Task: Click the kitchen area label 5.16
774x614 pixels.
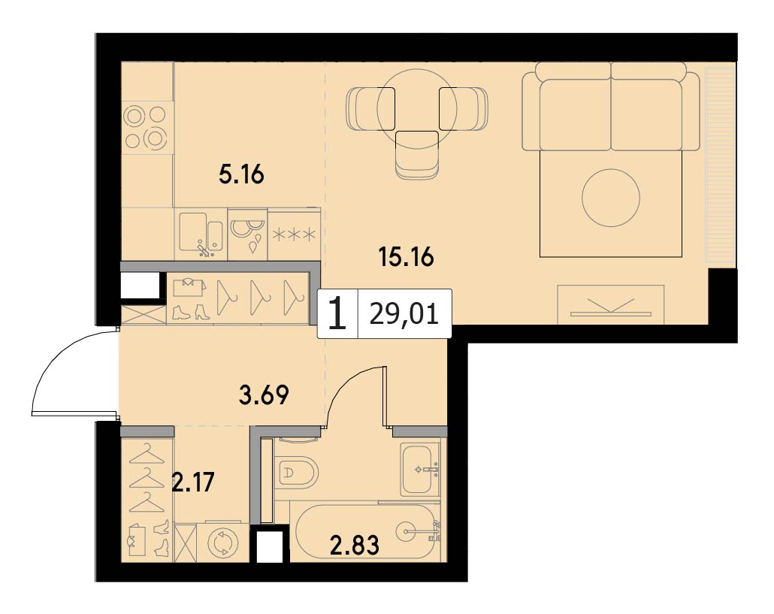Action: [x=241, y=174]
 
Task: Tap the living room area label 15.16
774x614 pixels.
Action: [x=406, y=257]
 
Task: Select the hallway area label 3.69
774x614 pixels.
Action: [x=263, y=395]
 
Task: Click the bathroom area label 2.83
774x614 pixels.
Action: [x=355, y=545]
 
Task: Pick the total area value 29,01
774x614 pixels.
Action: [x=404, y=314]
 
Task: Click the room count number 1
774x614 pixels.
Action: [x=337, y=314]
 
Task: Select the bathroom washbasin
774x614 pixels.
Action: [x=420, y=469]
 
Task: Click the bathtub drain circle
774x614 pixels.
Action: [x=413, y=531]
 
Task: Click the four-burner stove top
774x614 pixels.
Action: [x=147, y=128]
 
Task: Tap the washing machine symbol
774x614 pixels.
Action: [x=223, y=543]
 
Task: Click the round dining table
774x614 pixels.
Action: [x=417, y=106]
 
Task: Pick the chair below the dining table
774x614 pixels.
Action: [x=418, y=155]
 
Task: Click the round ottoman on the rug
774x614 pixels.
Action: [x=611, y=198]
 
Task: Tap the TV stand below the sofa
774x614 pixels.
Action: [x=611, y=304]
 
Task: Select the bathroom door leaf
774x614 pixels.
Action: [x=385, y=395]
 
